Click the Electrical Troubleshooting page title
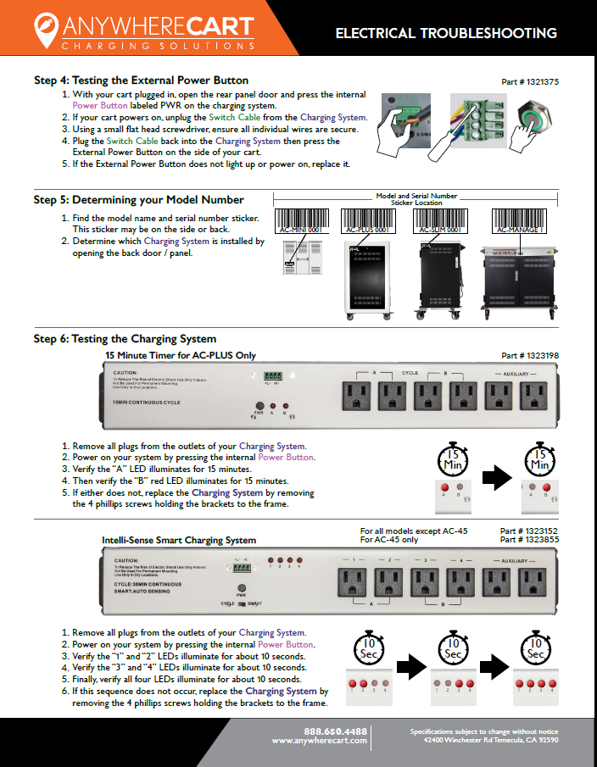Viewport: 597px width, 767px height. coord(446,34)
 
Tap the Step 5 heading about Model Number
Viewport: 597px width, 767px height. coord(139,200)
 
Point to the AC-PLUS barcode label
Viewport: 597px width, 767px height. coord(369,223)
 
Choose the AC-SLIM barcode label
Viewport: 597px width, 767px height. coord(438,223)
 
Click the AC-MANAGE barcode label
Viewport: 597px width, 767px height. coord(521,223)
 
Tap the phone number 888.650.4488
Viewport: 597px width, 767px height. coord(335,731)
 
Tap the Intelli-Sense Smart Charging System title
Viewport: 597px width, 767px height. coord(179,540)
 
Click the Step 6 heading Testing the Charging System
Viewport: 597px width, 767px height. coord(125,339)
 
